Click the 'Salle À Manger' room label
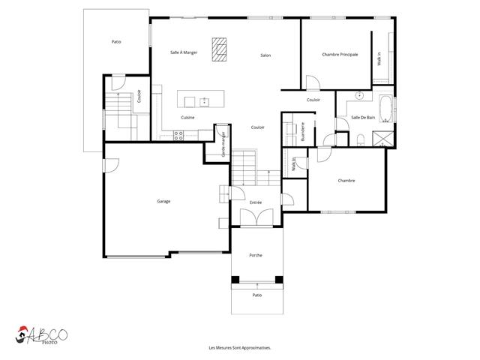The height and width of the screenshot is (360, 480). click(184, 52)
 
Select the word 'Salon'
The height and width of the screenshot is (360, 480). click(265, 55)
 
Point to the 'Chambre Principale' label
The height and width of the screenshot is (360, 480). click(339, 54)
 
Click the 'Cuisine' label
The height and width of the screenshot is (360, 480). click(188, 118)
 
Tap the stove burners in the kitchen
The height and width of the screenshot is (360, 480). click(178, 135)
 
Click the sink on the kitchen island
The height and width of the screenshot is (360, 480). click(203, 100)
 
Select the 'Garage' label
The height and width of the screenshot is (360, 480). click(163, 201)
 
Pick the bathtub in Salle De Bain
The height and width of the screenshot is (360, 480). click(385, 109)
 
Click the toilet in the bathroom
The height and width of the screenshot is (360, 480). click(361, 137)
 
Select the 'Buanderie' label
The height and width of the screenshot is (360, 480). click(302, 131)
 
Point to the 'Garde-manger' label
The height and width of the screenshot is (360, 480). click(223, 143)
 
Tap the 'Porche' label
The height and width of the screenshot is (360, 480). click(256, 255)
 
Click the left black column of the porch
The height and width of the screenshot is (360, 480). click(235, 280)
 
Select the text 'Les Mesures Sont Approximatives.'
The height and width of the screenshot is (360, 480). click(239, 348)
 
